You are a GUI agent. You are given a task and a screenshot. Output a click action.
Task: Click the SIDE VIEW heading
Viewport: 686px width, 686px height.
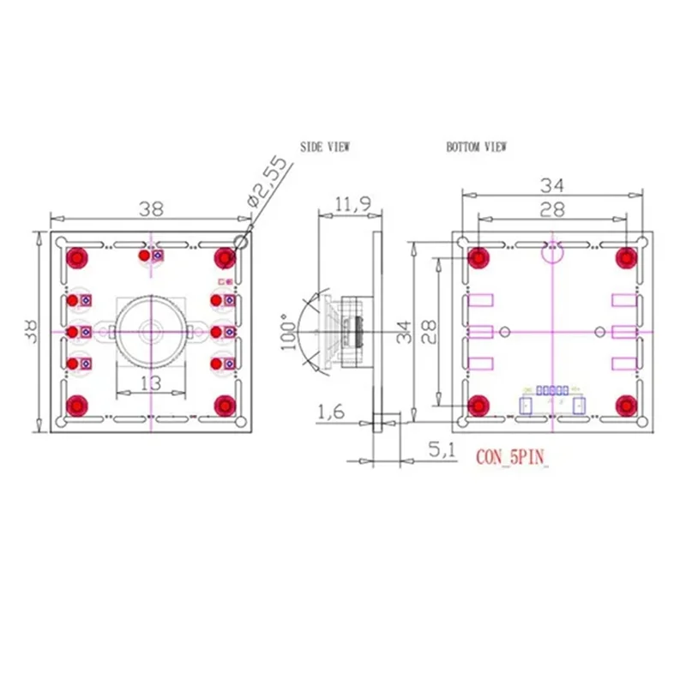point(325,147)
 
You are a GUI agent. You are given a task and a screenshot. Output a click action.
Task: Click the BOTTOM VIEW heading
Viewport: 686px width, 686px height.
point(476,147)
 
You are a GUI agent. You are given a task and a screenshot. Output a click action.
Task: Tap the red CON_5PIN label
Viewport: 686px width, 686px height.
point(510,457)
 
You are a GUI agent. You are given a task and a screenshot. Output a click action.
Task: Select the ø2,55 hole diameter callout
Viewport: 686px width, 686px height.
point(265,183)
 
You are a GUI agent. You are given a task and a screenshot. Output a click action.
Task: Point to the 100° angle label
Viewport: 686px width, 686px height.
point(286,332)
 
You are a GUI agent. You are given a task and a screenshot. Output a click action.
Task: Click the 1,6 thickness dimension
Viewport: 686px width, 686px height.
point(332,413)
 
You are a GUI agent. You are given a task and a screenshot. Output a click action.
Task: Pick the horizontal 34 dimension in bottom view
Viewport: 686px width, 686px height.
point(552,184)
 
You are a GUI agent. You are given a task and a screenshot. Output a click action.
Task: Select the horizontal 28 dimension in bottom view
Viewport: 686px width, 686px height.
point(552,208)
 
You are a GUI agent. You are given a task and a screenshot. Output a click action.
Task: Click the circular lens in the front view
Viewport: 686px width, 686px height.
point(151,330)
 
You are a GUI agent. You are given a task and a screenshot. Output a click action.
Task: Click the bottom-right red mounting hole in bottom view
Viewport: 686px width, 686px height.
point(627,404)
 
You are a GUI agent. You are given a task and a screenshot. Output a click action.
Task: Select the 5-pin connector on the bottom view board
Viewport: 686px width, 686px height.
point(553,391)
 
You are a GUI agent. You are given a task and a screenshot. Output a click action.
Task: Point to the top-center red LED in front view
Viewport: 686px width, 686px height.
point(145,255)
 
